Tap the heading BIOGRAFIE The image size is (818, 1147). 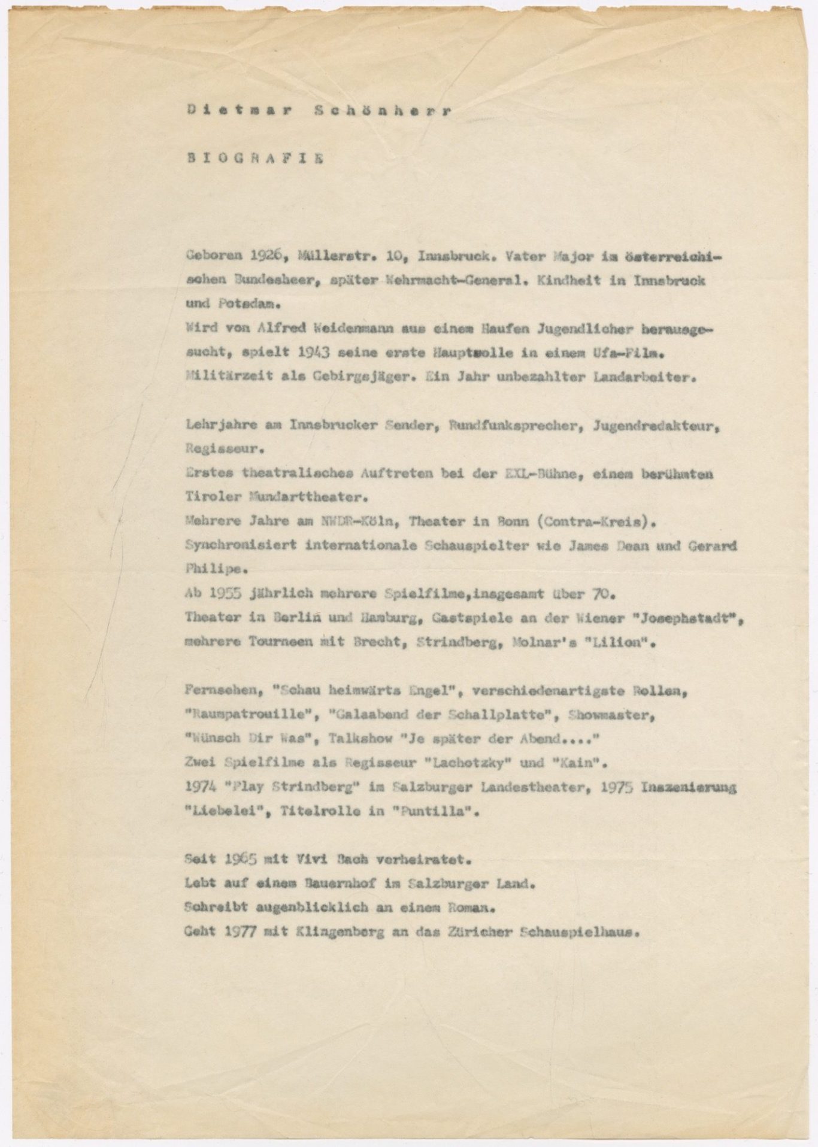pos(255,159)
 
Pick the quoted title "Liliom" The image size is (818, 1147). pos(619,642)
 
